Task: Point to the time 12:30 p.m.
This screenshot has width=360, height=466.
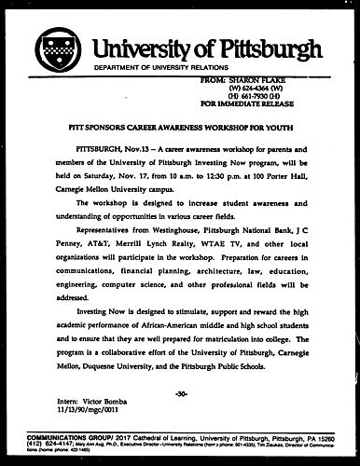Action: (214, 173)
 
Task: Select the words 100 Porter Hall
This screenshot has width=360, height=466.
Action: (266, 173)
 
